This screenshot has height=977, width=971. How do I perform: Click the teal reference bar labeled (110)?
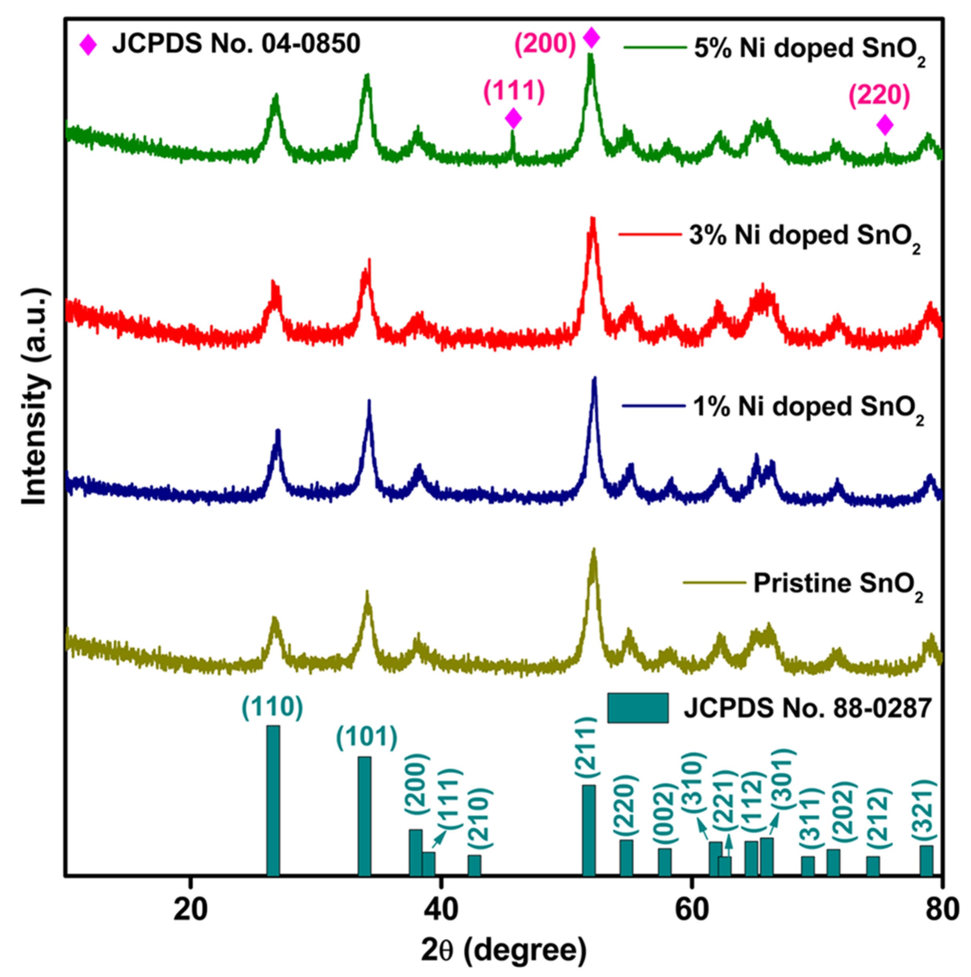273,800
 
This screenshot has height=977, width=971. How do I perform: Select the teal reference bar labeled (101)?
364,815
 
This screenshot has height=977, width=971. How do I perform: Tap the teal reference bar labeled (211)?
588,830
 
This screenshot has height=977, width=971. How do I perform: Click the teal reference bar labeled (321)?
926,860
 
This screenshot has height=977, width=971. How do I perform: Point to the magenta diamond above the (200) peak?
591,38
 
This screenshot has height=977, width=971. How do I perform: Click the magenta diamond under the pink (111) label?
513,119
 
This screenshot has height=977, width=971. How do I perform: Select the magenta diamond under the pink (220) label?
884,125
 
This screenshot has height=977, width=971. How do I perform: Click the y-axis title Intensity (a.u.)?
35,397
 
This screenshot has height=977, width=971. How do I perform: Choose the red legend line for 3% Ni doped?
650,234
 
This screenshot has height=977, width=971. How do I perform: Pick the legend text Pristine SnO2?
838,584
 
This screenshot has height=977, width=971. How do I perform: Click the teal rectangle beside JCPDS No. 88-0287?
638,707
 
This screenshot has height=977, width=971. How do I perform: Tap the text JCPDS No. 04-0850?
236,44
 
